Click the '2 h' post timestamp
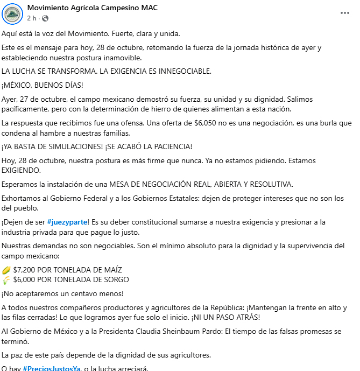pyautogui.click(x=31, y=18)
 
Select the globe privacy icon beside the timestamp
pyautogui.click(x=45, y=19)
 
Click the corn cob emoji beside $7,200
pyautogui.click(x=6, y=269)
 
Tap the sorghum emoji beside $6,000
pyautogui.click(x=6, y=279)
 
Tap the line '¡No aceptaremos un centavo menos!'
pyautogui.click(x=62, y=293)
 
